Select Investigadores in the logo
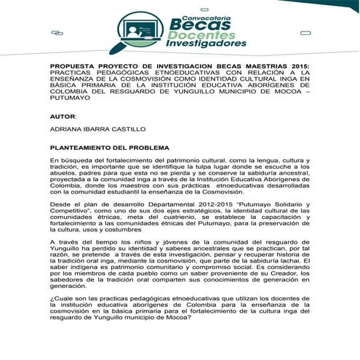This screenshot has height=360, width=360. [x=206, y=44]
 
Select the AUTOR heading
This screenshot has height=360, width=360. [x=63, y=116]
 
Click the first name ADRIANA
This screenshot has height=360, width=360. [x=68, y=129]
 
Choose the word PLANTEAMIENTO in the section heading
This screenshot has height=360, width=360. [x=85, y=148]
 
